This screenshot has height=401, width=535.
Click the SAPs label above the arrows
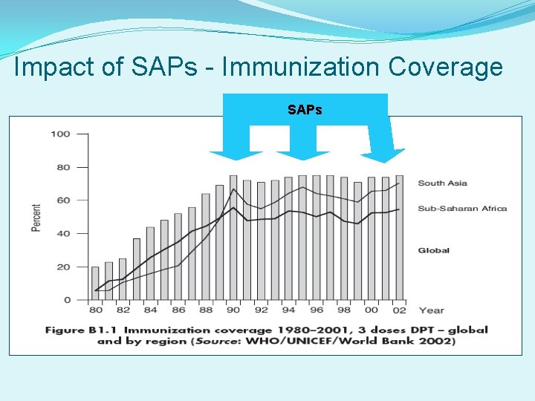click(305, 110)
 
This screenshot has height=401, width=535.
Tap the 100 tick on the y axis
click(60, 134)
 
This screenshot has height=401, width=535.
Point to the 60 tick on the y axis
click(62, 200)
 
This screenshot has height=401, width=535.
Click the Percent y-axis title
click(36, 217)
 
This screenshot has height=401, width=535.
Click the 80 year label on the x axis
click(95, 310)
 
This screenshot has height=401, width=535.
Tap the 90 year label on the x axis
click(233, 310)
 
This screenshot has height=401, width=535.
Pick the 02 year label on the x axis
click(399, 310)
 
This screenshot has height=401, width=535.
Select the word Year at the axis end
click(431, 310)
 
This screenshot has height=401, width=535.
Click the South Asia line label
click(442, 183)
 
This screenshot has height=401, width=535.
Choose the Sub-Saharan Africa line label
click(461, 209)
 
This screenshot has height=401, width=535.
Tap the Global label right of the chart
click(433, 251)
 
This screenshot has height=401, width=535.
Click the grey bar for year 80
click(95, 284)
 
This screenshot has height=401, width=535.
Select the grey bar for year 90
click(233, 238)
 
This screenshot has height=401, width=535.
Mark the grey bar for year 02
click(400, 238)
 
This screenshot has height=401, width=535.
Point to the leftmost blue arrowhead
click(236, 154)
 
